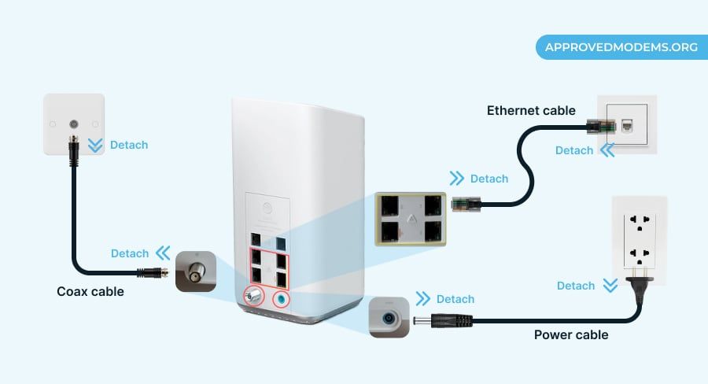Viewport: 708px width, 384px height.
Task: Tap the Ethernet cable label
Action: click(x=531, y=110)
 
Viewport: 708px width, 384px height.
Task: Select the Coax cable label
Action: click(x=90, y=292)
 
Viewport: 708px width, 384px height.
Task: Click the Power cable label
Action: click(x=571, y=335)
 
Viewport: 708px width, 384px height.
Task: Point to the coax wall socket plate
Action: click(x=74, y=124)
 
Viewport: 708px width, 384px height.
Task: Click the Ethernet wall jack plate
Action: click(x=626, y=124)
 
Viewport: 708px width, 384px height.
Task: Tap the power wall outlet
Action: click(x=640, y=240)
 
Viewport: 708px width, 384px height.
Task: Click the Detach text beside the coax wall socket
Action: click(x=128, y=145)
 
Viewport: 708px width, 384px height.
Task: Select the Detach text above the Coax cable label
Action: click(x=130, y=253)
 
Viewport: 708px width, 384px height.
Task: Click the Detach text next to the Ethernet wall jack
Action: click(x=574, y=150)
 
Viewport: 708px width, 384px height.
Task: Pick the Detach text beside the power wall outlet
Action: click(x=576, y=286)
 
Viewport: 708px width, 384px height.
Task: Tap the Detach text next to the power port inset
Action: click(x=455, y=299)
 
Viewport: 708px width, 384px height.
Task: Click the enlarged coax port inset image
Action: click(x=195, y=271)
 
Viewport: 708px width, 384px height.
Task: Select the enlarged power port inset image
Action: click(x=389, y=317)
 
